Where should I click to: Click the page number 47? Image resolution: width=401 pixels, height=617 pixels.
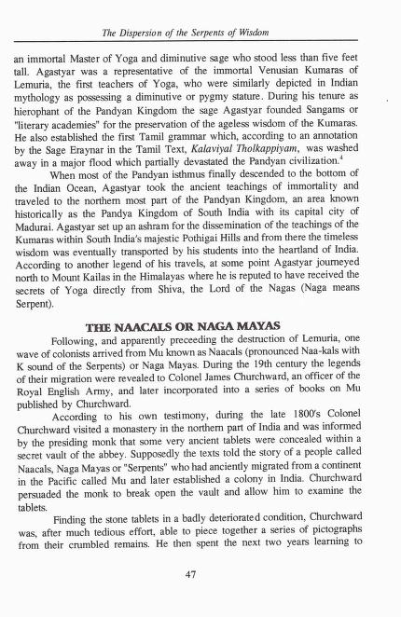click(189, 573)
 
